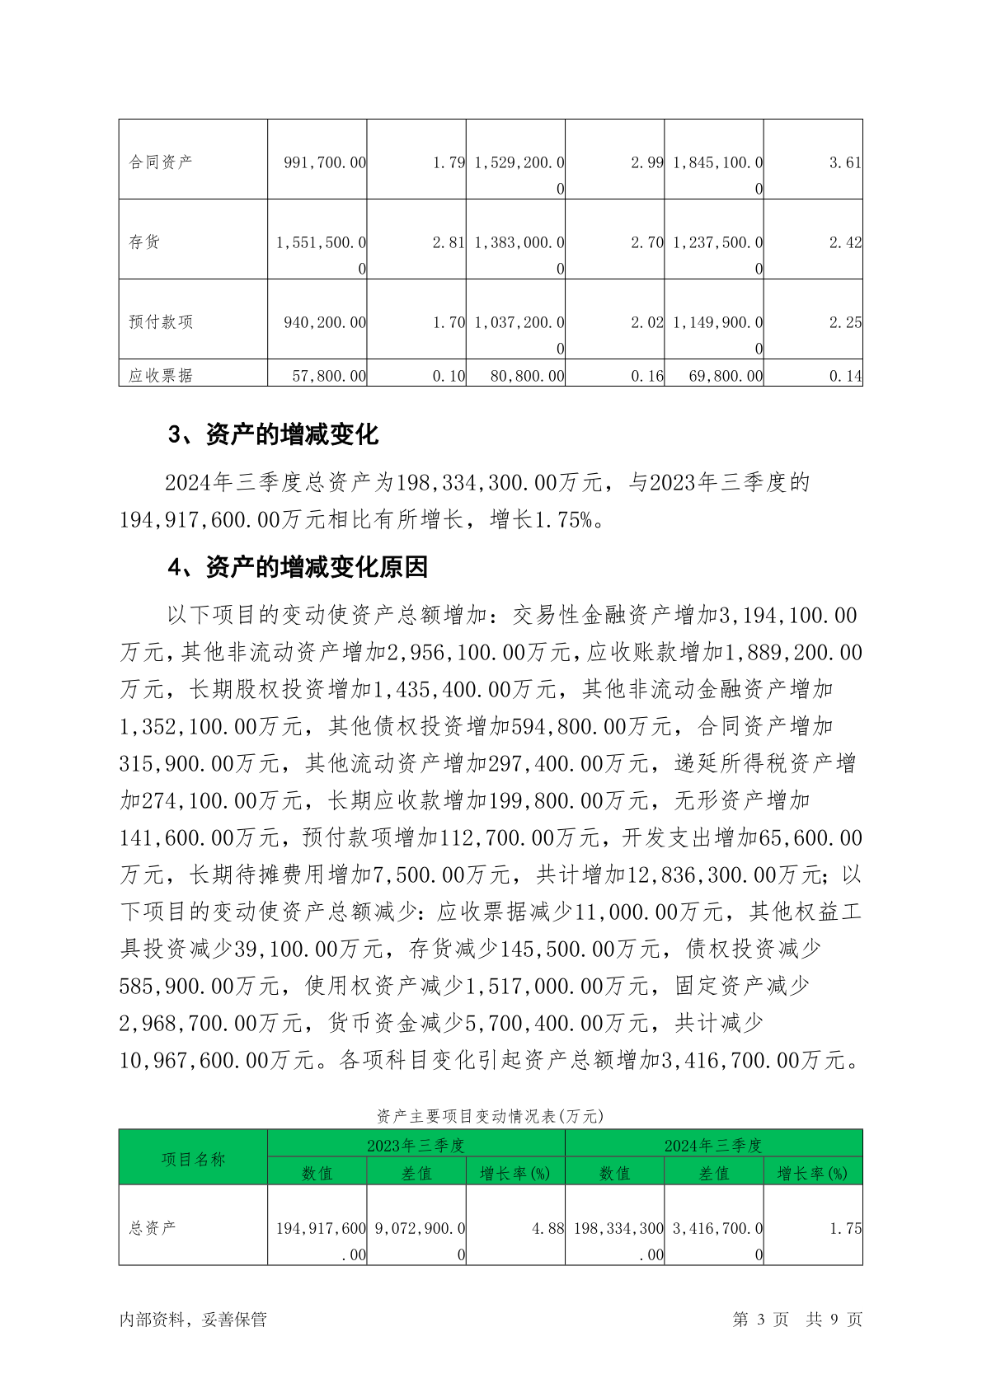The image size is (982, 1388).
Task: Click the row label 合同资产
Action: [161, 162]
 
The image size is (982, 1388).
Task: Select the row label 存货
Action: [144, 242]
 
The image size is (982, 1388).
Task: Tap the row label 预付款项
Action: [161, 322]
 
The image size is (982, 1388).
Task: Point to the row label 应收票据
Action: [161, 376]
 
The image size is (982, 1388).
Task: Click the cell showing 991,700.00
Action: [325, 162]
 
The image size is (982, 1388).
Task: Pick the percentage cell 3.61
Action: [845, 162]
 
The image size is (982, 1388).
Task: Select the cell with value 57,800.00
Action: [329, 376]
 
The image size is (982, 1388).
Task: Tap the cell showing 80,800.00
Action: [527, 376]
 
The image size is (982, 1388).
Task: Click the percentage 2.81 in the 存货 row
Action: [449, 242]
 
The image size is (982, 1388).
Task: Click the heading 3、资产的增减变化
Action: [273, 434]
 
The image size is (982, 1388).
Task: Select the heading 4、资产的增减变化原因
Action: [298, 567]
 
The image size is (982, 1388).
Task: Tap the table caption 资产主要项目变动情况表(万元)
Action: [491, 1116]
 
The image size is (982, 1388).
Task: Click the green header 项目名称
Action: [193, 1159]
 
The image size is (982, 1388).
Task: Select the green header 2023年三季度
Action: [416, 1145]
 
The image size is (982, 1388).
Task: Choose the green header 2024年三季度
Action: [713, 1145]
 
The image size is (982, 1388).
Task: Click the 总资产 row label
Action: [153, 1228]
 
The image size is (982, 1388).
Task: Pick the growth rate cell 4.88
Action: [547, 1228]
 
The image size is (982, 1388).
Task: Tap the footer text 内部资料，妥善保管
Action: [193, 1320]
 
